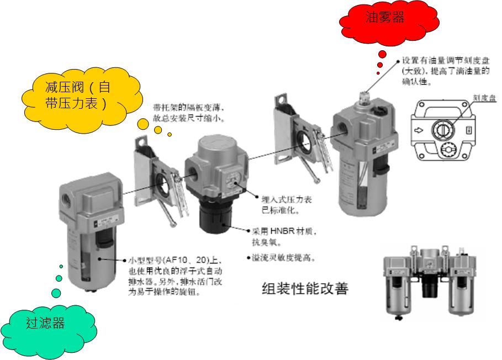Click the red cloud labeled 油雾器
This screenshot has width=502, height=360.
pyautogui.click(x=385, y=19)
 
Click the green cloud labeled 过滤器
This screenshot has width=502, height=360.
pyautogui.click(x=45, y=322)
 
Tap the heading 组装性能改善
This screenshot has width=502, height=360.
pyautogui.click(x=304, y=288)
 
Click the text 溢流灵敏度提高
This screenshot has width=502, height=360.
pyautogui.click(x=283, y=258)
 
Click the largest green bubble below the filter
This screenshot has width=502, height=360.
pyautogui.click(x=56, y=293)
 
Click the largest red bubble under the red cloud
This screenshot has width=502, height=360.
pyautogui.click(x=382, y=54)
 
